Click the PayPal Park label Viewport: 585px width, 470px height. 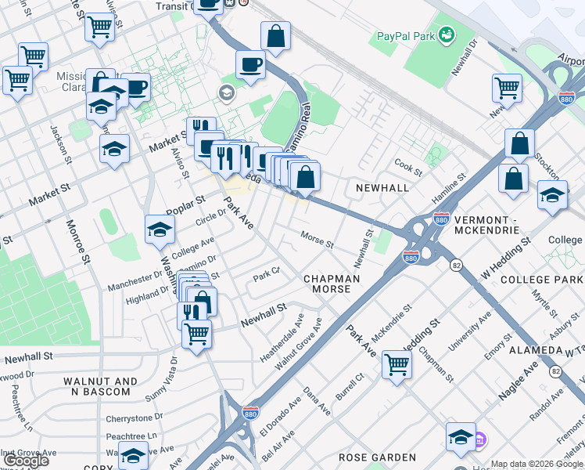click(404, 35)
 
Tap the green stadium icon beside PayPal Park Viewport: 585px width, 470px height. click(446, 34)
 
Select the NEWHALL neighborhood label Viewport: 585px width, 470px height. click(382, 189)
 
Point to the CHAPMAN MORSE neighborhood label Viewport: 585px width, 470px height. click(332, 284)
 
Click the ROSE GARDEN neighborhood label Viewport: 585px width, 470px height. click(377, 457)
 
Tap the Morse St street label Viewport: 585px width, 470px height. click(318, 240)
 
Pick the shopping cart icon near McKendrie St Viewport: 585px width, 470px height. click(397, 363)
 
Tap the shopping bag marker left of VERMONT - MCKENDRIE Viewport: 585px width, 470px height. click(512, 178)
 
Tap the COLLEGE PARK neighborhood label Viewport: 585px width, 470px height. click(537, 280)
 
